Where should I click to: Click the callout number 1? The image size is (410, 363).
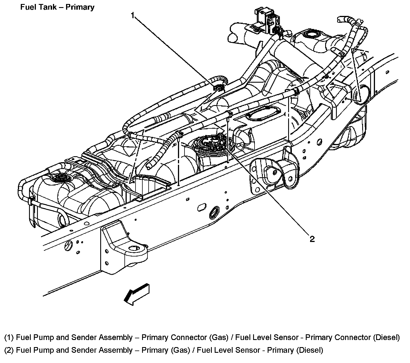[133, 15]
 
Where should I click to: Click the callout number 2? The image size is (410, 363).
[312, 239]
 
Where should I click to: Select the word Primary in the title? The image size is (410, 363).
[80, 7]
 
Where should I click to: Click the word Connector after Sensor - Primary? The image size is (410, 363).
[352, 337]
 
